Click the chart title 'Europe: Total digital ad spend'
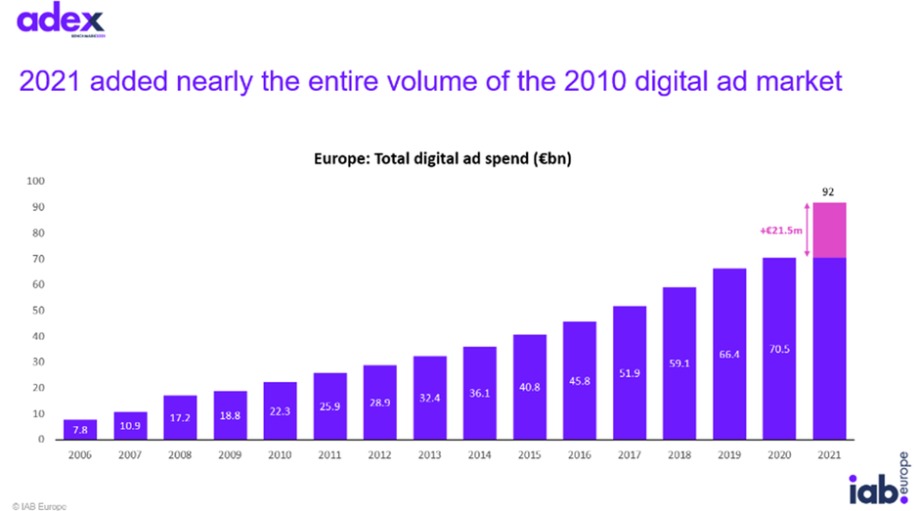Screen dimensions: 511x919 click(443, 159)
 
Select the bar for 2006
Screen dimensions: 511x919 click(80, 429)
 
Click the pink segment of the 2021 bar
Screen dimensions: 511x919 click(828, 230)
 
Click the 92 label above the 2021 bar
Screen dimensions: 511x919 click(828, 192)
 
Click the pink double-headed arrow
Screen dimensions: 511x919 click(808, 230)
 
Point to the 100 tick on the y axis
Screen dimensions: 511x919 click(35, 181)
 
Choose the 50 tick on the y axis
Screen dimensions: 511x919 click(38, 311)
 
